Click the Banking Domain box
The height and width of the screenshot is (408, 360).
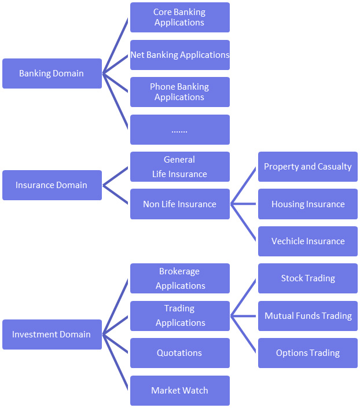[52, 73]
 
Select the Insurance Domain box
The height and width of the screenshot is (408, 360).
[52, 185]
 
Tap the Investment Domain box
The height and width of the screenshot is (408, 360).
[52, 335]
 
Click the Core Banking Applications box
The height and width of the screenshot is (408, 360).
[179, 17]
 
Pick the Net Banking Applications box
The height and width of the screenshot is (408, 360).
[179, 55]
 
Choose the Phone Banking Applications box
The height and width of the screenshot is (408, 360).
[179, 92]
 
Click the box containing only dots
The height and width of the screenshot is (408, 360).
[179, 130]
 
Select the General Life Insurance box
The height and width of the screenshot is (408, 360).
[179, 167]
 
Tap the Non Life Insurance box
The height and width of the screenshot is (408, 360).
[179, 204]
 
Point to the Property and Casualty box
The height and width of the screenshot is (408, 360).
[307, 167]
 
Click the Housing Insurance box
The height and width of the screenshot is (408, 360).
[307, 204]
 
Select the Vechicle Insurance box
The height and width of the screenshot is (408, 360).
[307, 241]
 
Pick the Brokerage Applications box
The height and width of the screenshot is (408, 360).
[179, 278]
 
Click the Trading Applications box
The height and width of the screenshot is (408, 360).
[179, 316]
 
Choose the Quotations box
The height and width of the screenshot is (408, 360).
[179, 353]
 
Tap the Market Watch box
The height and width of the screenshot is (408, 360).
[179, 391]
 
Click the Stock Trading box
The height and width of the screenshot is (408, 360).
[307, 278]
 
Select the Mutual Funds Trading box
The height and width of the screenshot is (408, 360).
[307, 316]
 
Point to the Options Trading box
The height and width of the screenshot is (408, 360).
[307, 353]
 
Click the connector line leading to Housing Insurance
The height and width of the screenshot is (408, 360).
[244, 204]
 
